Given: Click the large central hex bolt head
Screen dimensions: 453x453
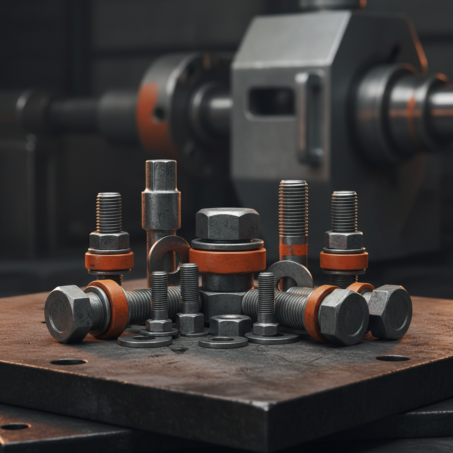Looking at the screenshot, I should coord(227,223).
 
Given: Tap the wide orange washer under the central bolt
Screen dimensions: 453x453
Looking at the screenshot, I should coord(227,261).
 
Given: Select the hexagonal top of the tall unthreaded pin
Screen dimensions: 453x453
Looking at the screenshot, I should coord(161,175).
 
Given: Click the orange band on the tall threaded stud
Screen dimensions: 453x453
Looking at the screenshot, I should coord(293,250).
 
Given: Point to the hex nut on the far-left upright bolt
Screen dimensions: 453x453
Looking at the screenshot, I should coord(109,240).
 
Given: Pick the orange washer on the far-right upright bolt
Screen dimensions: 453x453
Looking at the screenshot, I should coord(344,261).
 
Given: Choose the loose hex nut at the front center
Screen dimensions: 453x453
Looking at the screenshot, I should coord(230,325).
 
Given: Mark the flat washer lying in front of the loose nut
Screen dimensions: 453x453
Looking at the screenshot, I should coord(223,342).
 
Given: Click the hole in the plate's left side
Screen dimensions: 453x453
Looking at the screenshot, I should coord(69,362).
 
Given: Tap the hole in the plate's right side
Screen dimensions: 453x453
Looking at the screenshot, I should coord(392,358).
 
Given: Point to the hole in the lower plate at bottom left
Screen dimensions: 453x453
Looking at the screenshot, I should coord(14,426).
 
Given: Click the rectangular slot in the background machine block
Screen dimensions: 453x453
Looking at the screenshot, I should coord(271,102).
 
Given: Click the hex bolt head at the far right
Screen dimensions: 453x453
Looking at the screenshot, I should coord(389,311).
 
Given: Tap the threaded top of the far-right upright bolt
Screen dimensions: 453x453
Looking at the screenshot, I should coord(344,210).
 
